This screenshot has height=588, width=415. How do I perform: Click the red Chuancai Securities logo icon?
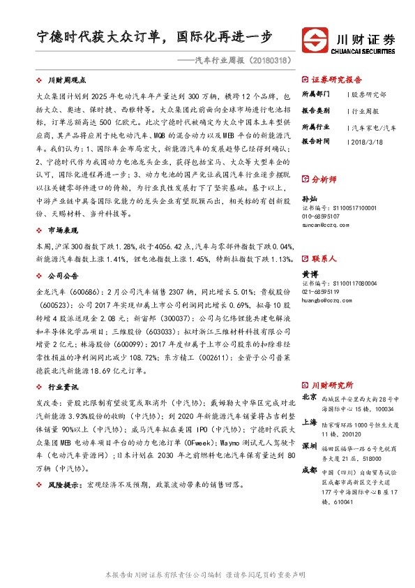coord(315,40)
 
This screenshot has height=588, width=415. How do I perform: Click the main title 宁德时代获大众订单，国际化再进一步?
coord(154,38)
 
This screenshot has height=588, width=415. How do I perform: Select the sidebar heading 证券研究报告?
coord(336,79)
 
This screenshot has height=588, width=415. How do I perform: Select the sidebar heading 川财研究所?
coord(332,385)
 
